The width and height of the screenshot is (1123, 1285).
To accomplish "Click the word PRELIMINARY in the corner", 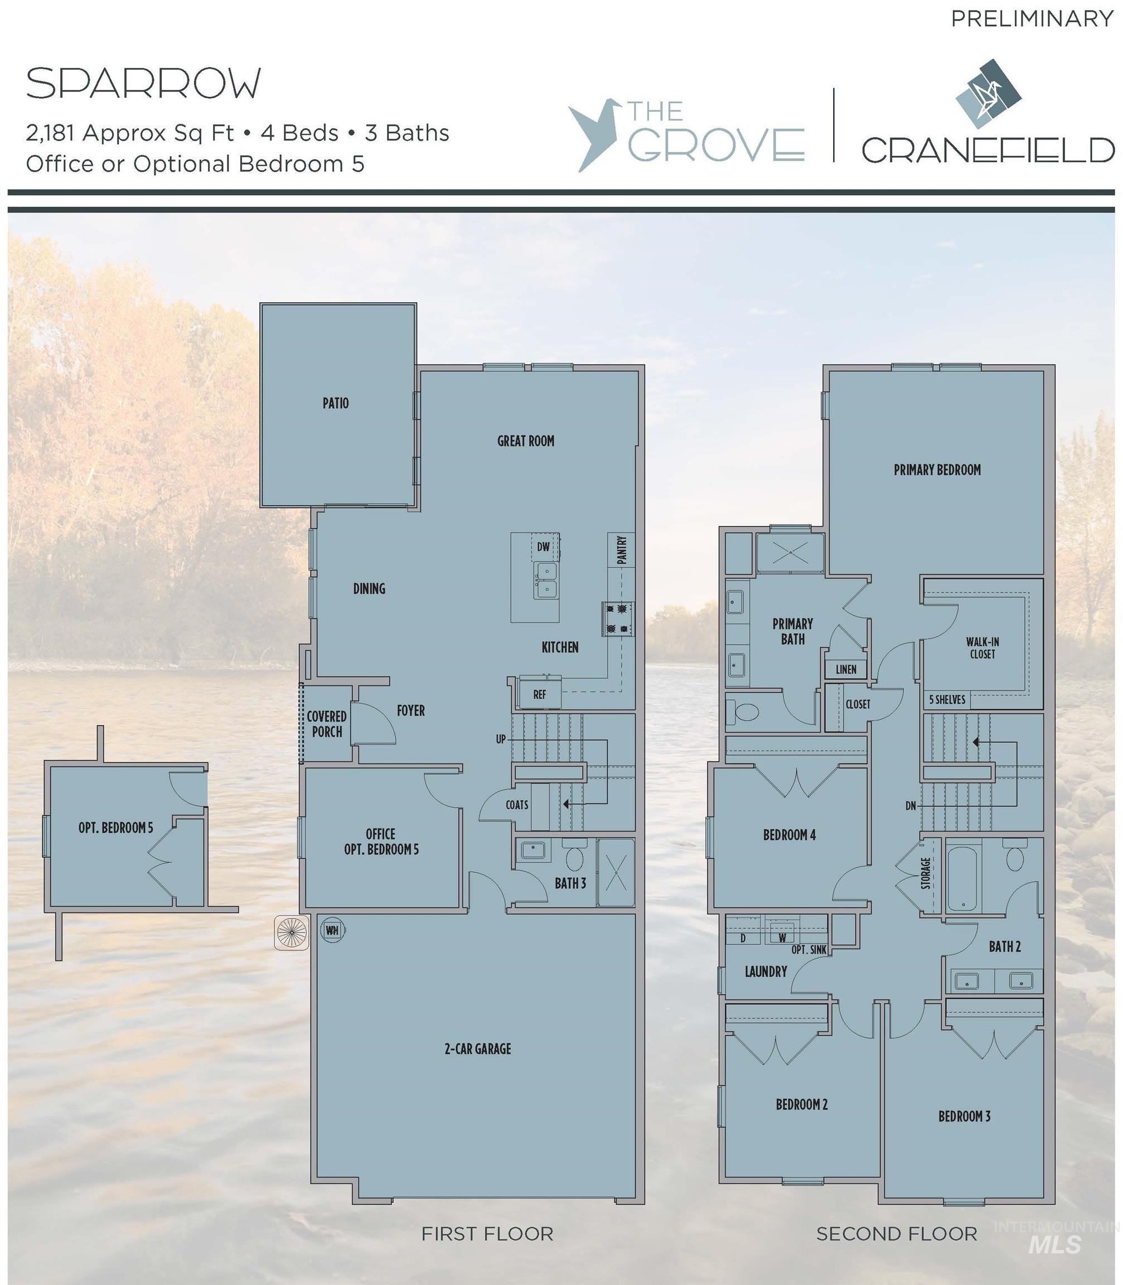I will click(1032, 19).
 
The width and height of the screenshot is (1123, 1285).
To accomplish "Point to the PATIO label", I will click(335, 403).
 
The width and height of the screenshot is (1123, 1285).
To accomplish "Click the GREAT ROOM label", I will click(525, 441).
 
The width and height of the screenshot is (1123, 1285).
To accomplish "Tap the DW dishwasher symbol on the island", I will click(543, 547).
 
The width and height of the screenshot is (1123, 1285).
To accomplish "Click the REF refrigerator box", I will click(540, 694).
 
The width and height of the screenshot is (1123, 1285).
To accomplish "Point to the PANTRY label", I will click(622, 550).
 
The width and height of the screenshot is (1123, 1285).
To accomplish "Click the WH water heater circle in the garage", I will click(332, 930).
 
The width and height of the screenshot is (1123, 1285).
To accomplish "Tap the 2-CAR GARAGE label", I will click(477, 1049).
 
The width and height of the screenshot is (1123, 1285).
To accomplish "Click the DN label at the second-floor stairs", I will click(911, 806).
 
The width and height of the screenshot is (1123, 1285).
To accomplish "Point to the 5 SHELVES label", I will click(947, 699).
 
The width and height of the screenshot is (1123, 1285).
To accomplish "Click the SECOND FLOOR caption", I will click(896, 1234).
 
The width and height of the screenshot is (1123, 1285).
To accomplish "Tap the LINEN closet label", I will click(845, 669).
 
